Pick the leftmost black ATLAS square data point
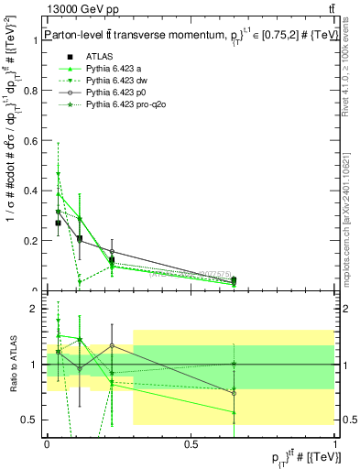pyautogui.click(x=59, y=223)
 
